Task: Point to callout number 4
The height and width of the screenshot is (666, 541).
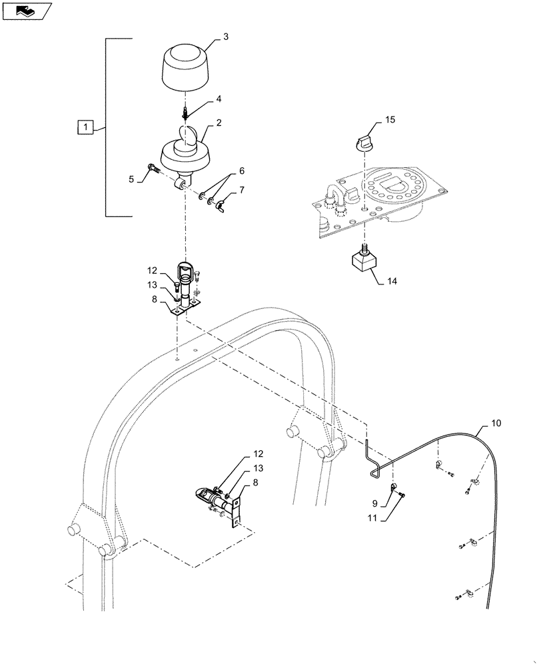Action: [218, 99]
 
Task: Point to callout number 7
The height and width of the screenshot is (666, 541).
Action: [241, 190]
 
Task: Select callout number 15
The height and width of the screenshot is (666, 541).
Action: [390, 120]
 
